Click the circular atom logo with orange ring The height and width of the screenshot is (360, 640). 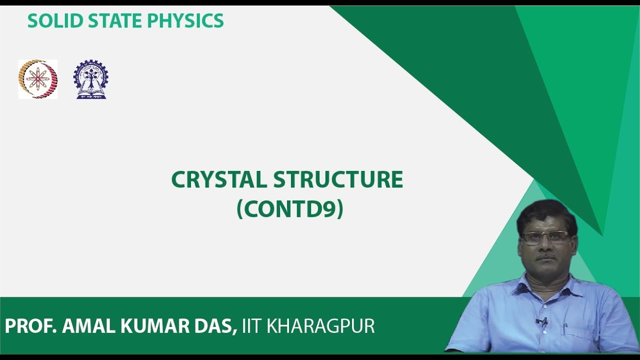[38, 79]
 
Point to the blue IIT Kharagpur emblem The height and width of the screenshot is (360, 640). [90, 79]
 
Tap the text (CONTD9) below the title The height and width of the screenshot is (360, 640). [289, 209]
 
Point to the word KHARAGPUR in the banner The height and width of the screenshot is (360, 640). [321, 326]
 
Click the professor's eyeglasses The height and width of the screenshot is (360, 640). [544, 237]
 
